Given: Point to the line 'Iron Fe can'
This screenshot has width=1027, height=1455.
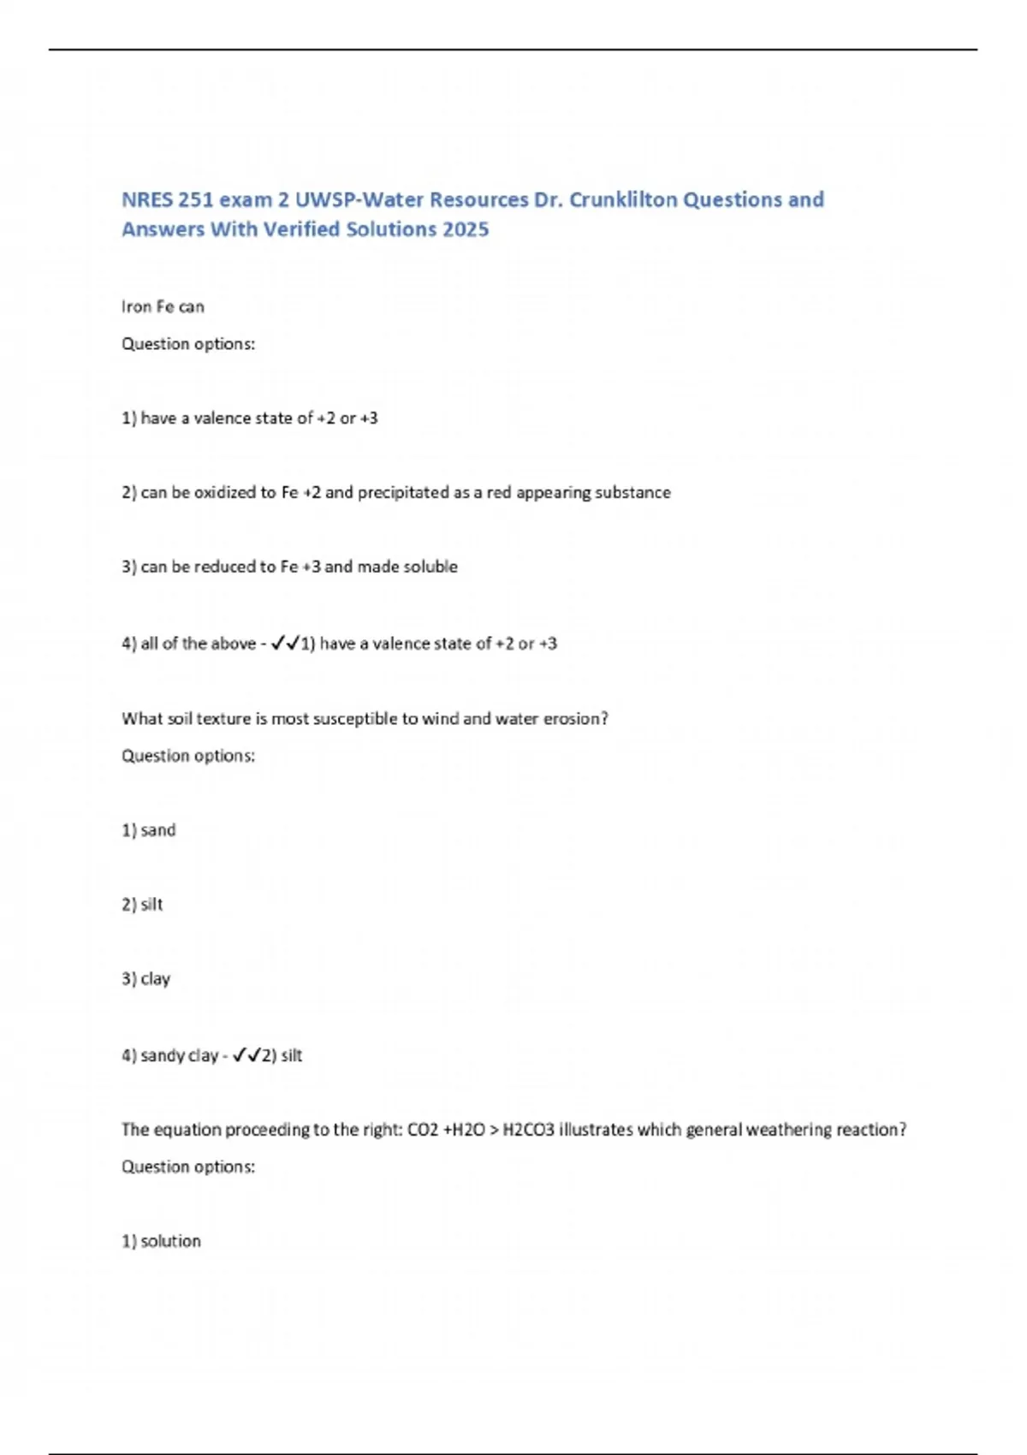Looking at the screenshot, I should click(163, 306).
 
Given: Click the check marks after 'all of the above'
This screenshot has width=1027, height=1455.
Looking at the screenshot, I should click(284, 644).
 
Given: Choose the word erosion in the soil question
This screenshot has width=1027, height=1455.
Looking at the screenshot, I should click(575, 719).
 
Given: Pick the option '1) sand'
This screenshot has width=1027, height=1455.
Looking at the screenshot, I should click(149, 830).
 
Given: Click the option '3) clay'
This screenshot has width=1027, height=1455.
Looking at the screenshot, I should click(146, 978).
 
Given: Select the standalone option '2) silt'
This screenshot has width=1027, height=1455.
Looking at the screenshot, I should click(142, 905).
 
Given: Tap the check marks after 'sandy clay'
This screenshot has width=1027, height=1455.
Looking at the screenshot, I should click(246, 1055).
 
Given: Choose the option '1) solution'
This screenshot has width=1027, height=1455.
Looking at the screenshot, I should click(162, 1241).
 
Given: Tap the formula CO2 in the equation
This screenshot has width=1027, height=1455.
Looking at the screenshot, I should click(423, 1130).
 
